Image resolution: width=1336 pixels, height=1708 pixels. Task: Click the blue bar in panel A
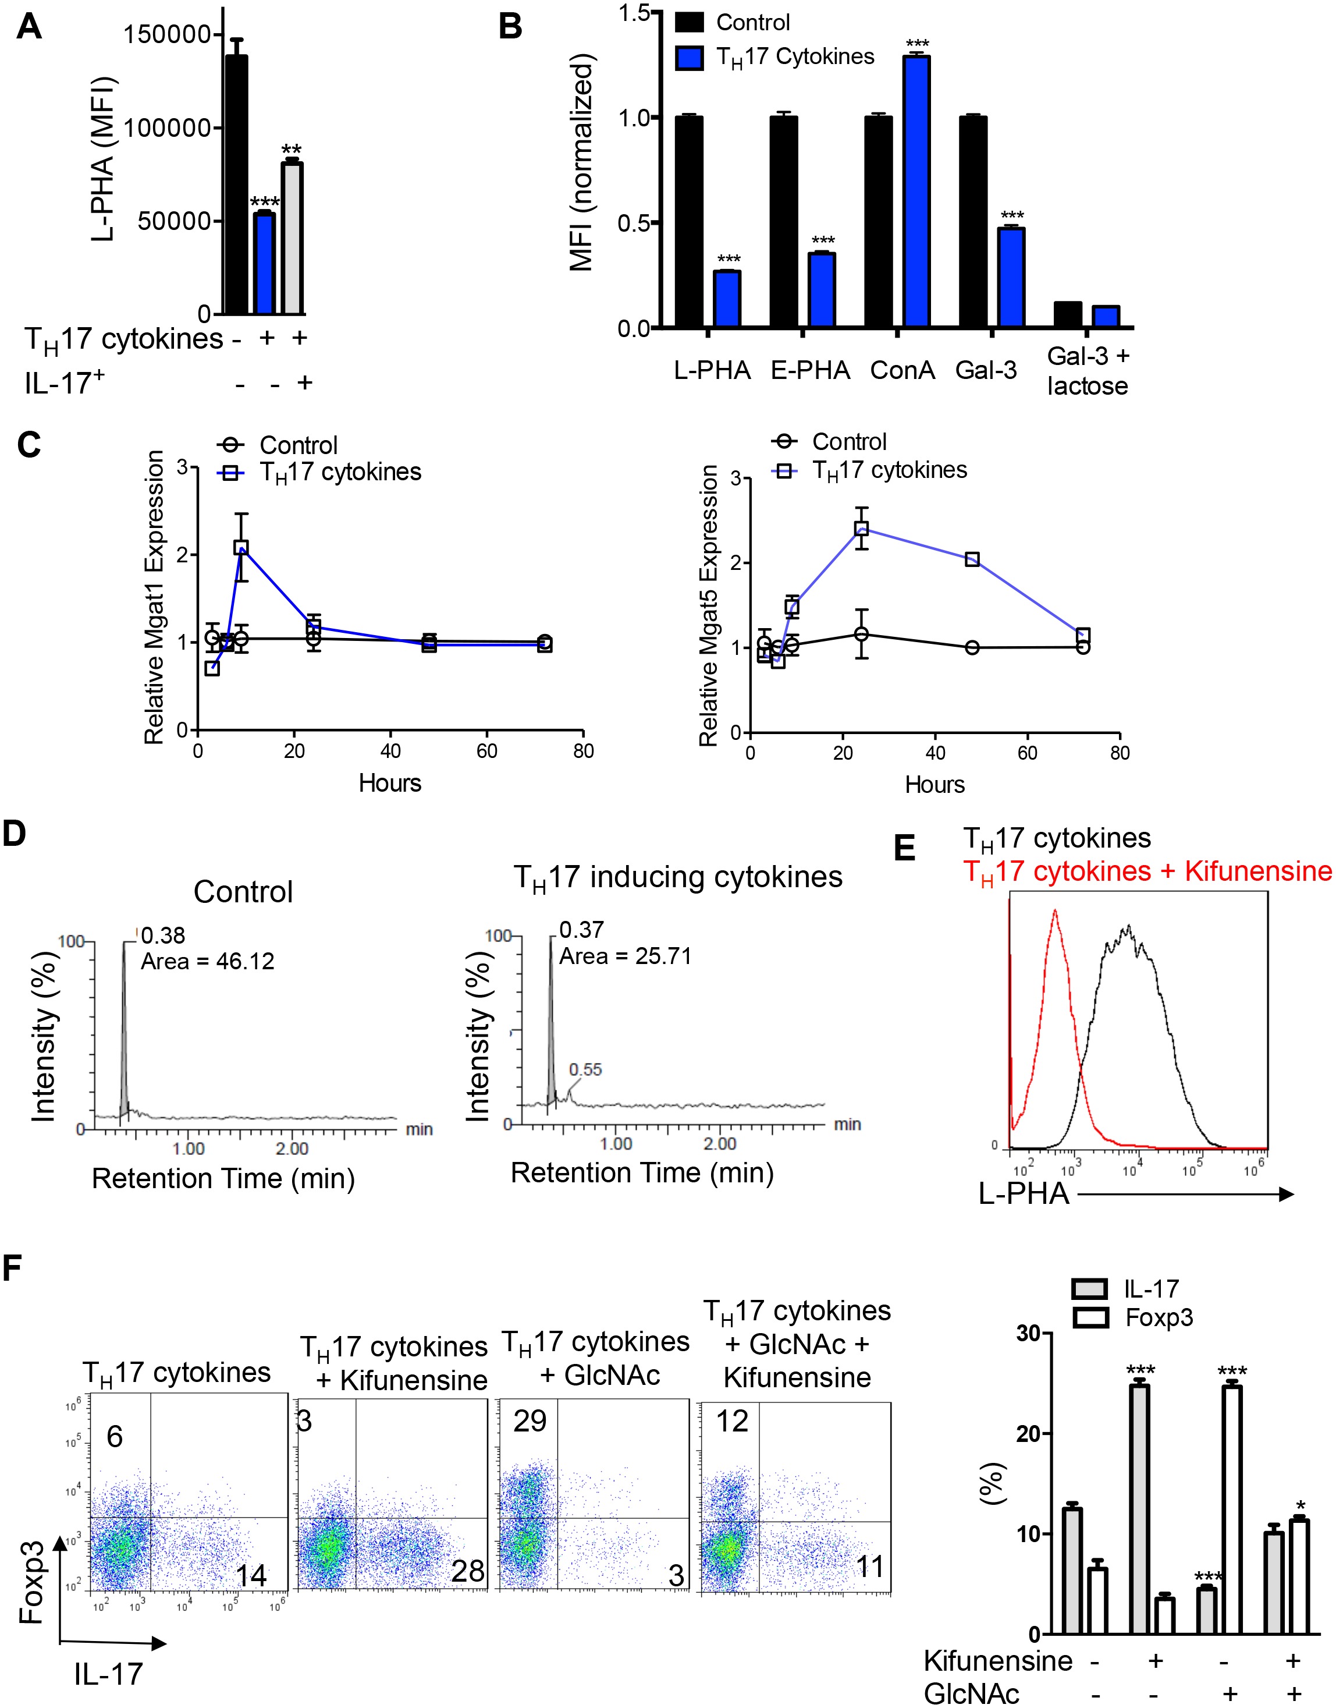[264, 264]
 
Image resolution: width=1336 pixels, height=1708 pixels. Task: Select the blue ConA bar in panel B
[916, 192]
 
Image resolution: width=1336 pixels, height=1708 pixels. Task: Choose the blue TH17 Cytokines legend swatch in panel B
[689, 58]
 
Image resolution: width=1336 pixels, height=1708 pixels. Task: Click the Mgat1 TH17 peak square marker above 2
[241, 548]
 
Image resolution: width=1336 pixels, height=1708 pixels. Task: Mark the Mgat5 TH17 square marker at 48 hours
[972, 559]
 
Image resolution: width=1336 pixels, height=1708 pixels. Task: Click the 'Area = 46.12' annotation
[207, 962]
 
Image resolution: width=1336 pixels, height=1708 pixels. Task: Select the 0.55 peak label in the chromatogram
[585, 1069]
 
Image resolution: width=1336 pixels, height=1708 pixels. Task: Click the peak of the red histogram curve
[1055, 912]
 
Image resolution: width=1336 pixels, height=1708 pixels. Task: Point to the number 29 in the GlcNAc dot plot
[530, 1422]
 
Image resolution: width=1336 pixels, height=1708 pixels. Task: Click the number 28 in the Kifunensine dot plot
[468, 1571]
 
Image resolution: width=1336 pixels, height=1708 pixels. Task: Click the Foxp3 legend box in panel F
[1090, 1317]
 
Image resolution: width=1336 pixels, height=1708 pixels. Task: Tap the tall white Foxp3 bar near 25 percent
[1232, 1509]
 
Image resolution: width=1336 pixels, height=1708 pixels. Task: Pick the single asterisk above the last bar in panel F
[1300, 1506]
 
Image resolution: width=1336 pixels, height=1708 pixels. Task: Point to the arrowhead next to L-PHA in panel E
[1285, 1194]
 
